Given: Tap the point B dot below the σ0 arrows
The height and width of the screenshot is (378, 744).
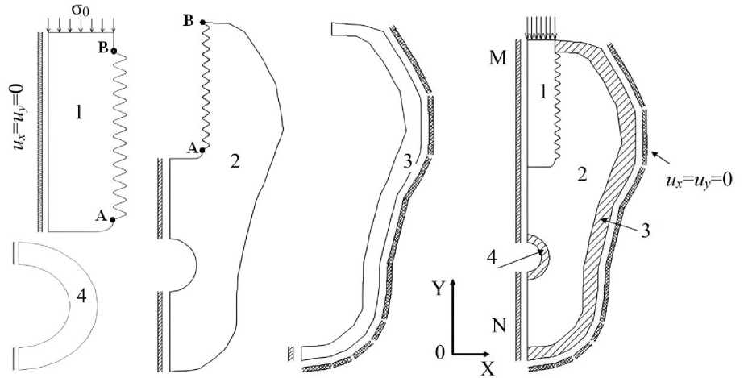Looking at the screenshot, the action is pyautogui.click(x=114, y=50).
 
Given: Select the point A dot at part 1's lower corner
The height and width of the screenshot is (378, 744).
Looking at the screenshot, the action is pyautogui.click(x=113, y=219).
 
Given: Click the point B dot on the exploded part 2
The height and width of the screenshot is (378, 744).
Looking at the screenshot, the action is pyautogui.click(x=202, y=22).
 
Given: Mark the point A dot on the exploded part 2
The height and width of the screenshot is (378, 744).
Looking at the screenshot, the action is pyautogui.click(x=202, y=151).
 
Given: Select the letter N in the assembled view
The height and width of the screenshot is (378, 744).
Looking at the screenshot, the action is pyautogui.click(x=499, y=326).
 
